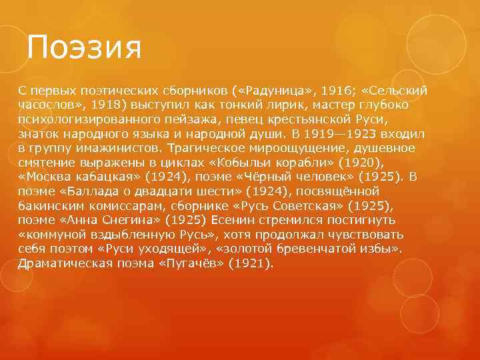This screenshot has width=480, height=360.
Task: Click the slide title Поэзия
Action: [85, 47]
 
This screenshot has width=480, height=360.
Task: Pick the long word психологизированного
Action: [87, 120]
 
